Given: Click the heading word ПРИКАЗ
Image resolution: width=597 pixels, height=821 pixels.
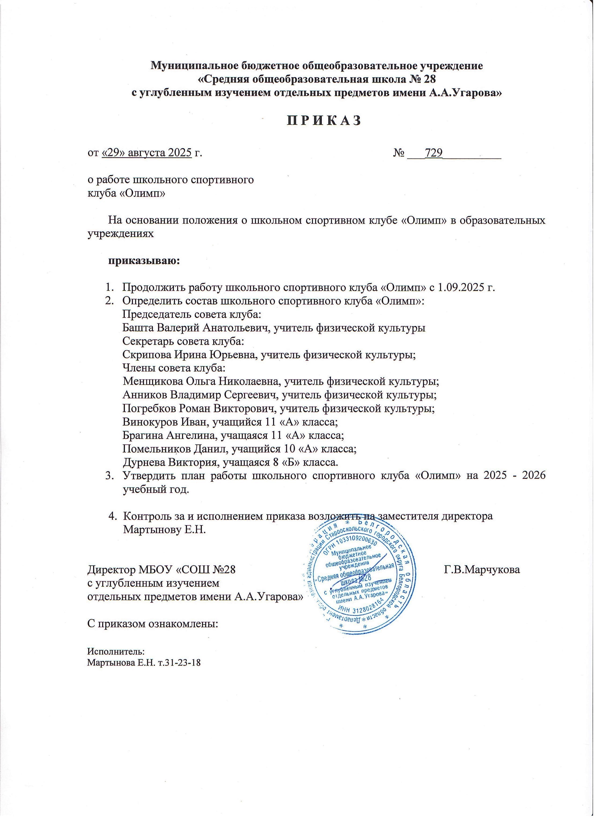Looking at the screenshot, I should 324,121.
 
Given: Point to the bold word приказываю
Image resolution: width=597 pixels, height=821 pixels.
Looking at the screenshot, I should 144,261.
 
